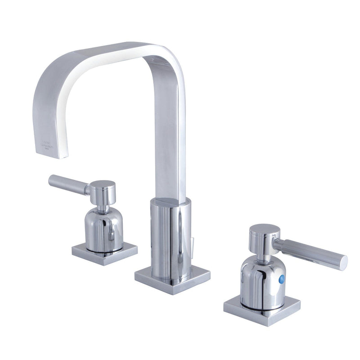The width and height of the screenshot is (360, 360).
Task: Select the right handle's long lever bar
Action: [x=310, y=252]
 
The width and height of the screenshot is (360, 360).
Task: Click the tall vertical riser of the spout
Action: [x=171, y=135]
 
